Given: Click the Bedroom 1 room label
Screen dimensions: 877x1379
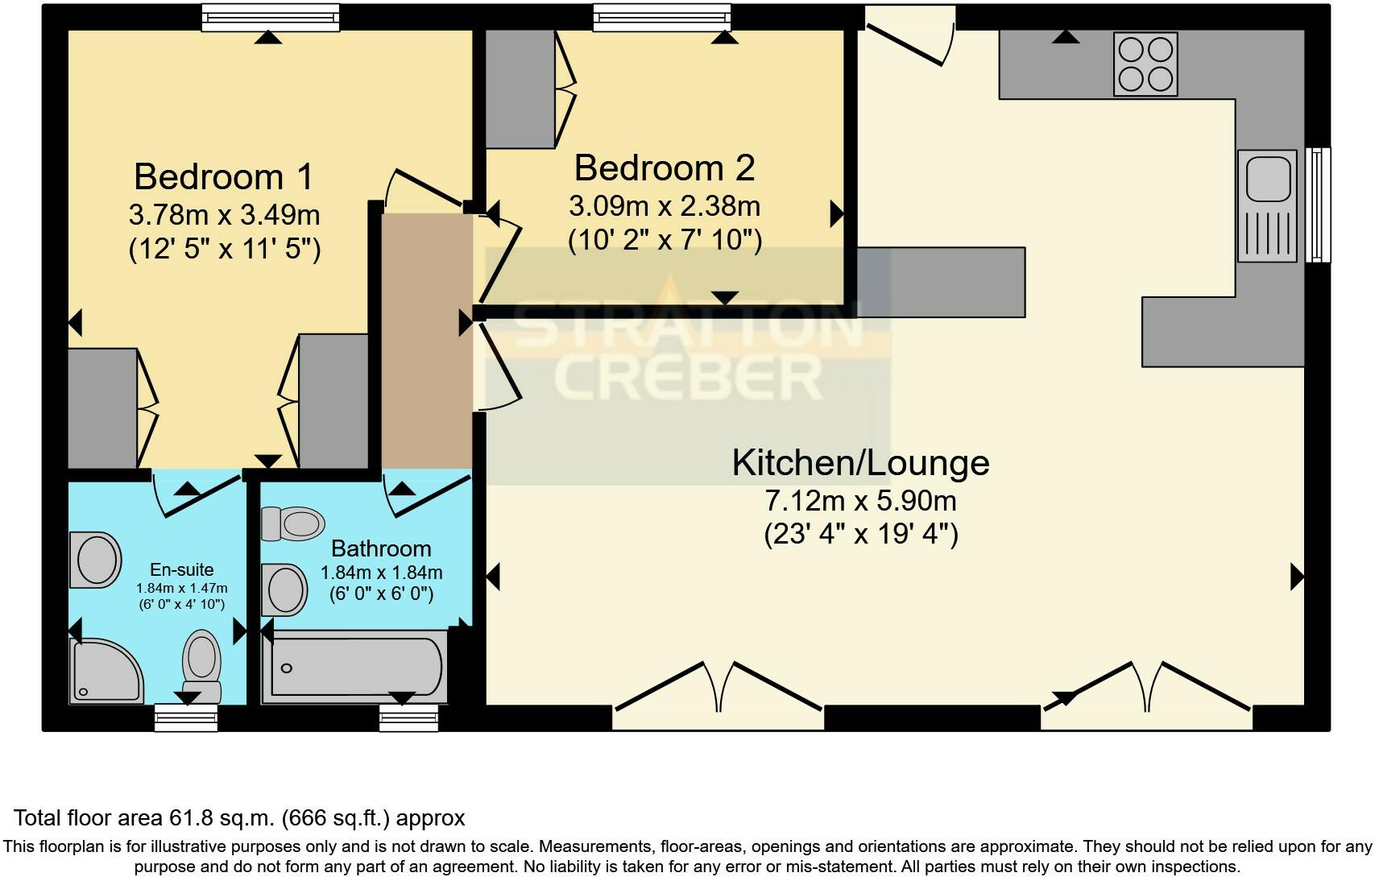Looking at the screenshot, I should click(224, 176).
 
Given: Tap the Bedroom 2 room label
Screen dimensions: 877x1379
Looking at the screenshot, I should click(665, 168).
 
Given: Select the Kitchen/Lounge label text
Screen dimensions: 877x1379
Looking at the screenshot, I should click(860, 463).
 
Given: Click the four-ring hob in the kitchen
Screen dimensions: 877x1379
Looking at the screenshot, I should click(1145, 64).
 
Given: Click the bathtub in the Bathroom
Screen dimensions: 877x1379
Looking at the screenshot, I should click(355, 668).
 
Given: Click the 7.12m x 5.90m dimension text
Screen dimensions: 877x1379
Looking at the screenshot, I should click(860, 501).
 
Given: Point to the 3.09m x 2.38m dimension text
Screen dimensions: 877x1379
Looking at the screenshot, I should click(665, 206).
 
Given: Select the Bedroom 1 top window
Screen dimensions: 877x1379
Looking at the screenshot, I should click(270, 17).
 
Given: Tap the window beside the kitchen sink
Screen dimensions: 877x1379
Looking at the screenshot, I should click(1318, 204).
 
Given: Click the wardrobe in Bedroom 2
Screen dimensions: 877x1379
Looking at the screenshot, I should click(520, 89).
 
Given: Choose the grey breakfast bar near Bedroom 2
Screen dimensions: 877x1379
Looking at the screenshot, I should click(941, 282).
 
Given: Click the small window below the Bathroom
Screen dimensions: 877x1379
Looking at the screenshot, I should click(409, 717).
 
